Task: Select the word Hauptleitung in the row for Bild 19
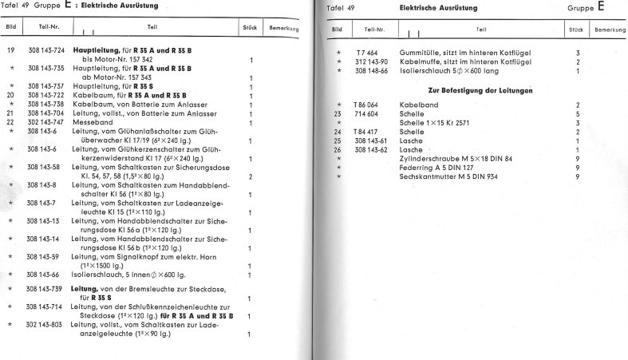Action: pos(94,50)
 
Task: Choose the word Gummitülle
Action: pos(420,53)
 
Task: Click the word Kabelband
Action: pos(419,105)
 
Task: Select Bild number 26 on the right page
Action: pos(338,149)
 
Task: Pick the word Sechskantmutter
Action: pos(430,176)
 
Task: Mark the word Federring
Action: pos(417,167)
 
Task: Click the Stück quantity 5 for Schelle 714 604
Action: pos(577,114)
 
